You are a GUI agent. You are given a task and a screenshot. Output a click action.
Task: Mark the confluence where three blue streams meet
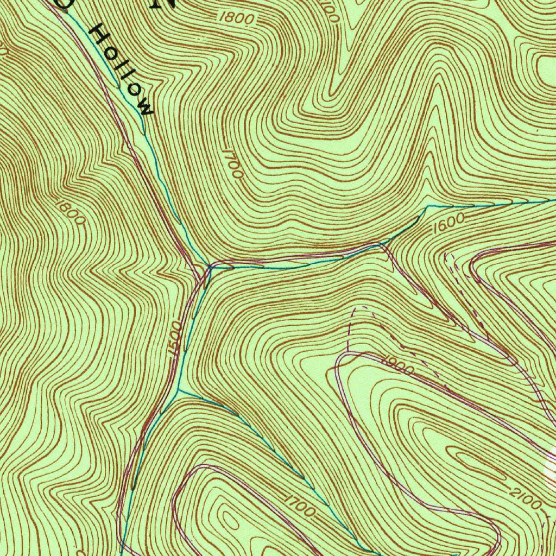[x=210, y=266]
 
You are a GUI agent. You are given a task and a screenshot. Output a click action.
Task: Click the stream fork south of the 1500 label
[x=179, y=389]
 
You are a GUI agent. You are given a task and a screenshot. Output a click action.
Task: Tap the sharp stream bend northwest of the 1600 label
[x=427, y=206]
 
